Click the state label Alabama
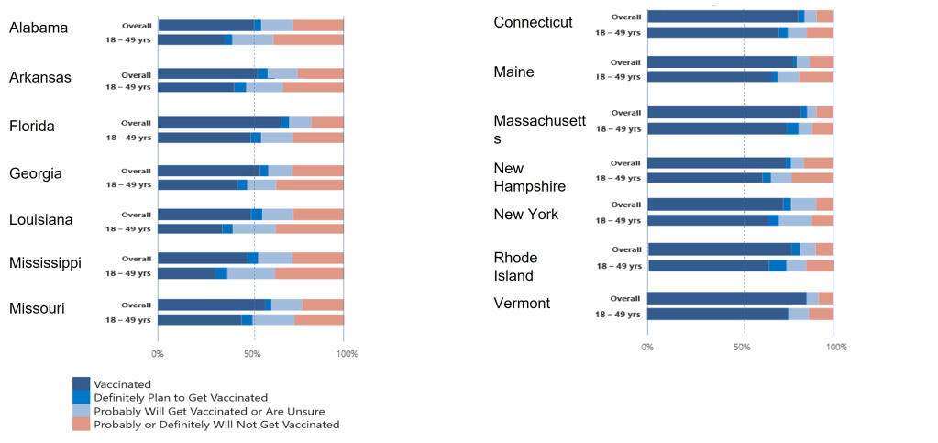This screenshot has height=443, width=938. [x=39, y=28]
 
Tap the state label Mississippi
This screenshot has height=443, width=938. [x=45, y=263]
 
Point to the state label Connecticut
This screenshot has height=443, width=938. [x=533, y=22]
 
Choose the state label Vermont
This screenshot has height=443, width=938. [x=522, y=303]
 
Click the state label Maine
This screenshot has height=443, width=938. [x=513, y=72]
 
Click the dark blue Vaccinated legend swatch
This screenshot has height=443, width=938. [x=81, y=383]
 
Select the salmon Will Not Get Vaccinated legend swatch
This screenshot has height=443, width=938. [x=81, y=424]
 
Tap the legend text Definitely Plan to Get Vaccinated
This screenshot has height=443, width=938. [x=181, y=397]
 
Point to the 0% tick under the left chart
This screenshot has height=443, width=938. [x=158, y=353]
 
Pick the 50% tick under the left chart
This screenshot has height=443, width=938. [x=254, y=353]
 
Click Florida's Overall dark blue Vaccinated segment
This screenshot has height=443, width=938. [x=219, y=122]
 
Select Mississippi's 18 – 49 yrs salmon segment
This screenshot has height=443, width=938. [x=309, y=273]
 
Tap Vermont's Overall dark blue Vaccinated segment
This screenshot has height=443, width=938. [x=726, y=298]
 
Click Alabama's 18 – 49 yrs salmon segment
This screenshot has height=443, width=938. [x=308, y=39]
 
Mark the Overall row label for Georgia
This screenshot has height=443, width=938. [x=137, y=171]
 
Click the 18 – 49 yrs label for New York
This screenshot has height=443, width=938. [x=618, y=220]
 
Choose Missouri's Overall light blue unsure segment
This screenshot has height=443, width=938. [x=287, y=305]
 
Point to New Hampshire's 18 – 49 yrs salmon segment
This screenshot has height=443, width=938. [x=812, y=178]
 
